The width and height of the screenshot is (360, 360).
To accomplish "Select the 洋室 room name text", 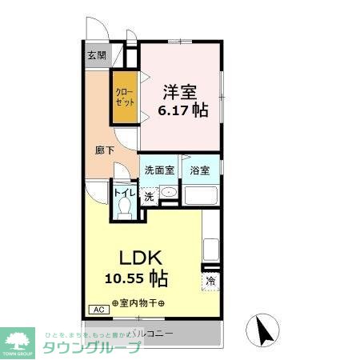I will click(x=181, y=90).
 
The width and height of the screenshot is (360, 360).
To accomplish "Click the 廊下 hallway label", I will click(x=103, y=150).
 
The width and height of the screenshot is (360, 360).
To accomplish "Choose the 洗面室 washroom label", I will click(x=158, y=170).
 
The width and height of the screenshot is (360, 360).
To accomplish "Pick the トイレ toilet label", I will click(x=124, y=193).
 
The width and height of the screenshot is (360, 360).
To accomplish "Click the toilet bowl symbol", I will click(x=124, y=207).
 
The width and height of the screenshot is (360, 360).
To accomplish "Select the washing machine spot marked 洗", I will click(x=150, y=196).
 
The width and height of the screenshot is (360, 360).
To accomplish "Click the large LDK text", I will click(x=142, y=258).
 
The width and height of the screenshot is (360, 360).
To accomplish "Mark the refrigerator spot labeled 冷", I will click(x=211, y=282).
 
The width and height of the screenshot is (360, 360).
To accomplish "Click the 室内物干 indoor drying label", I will click(x=138, y=303).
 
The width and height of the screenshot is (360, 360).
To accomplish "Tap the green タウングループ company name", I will click(x=92, y=347).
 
